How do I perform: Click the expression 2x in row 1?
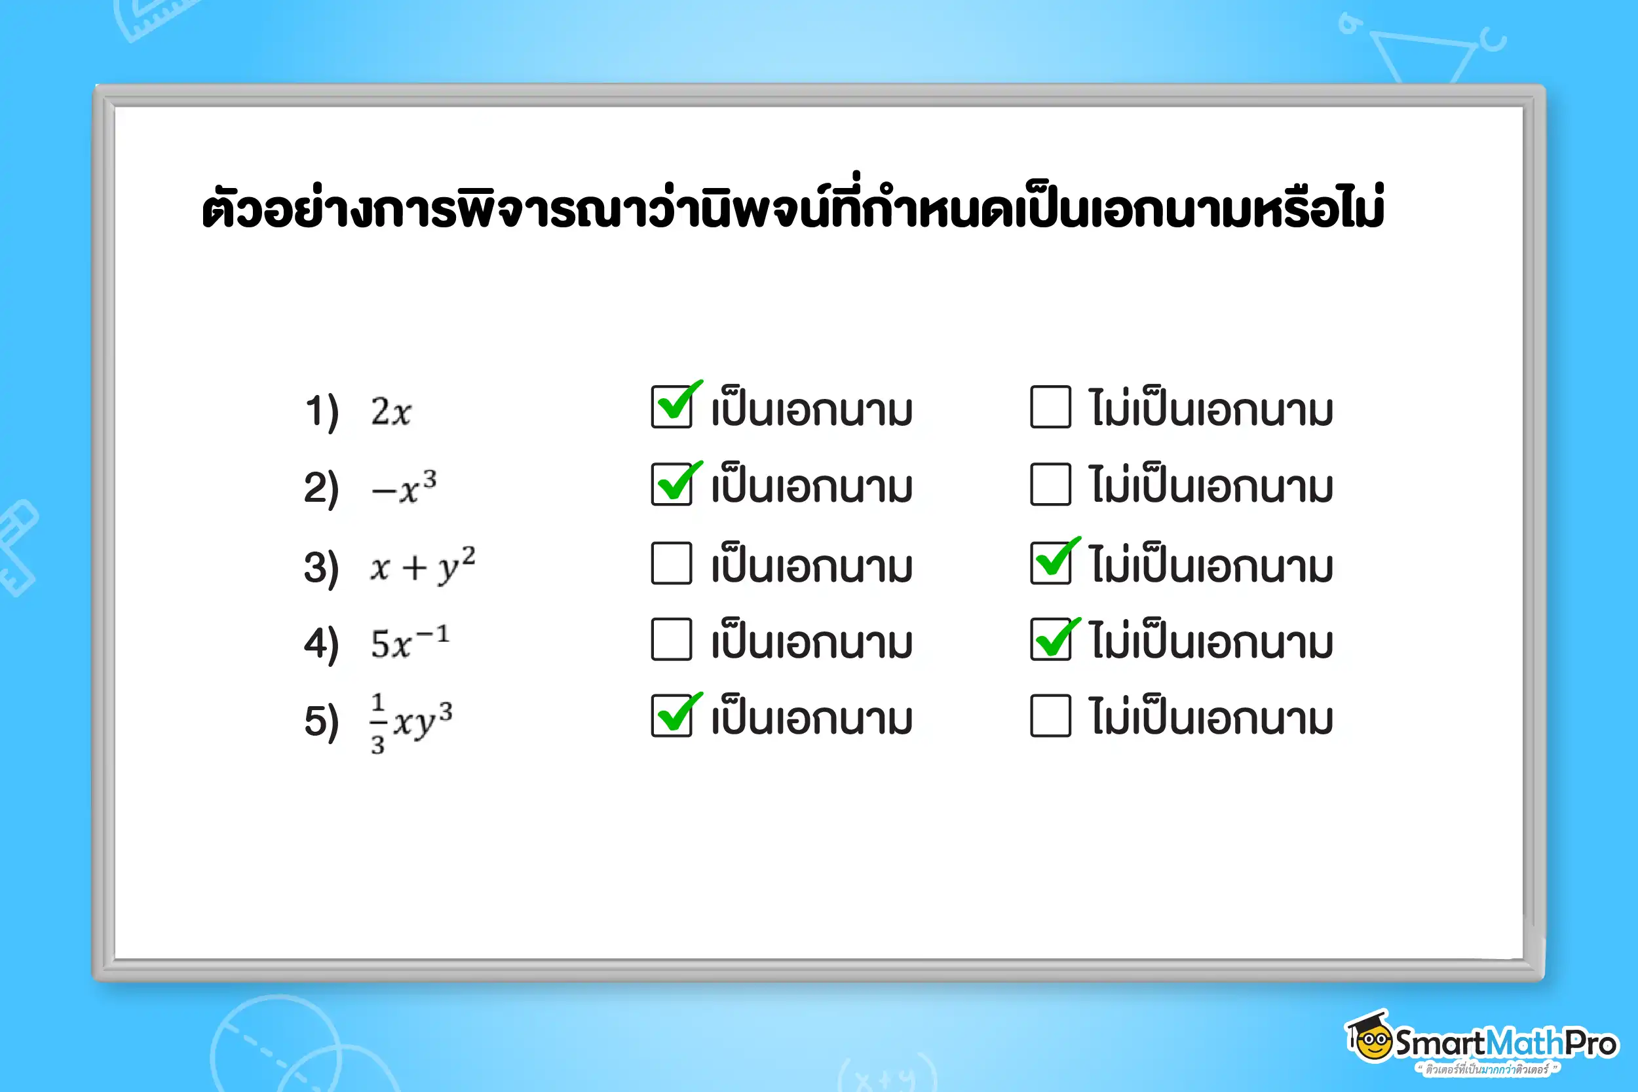(390, 411)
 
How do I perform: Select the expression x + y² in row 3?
(423, 565)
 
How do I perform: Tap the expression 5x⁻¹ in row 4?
(409, 642)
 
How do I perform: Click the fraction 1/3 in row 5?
(377, 723)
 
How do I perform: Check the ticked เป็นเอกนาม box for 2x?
(672, 407)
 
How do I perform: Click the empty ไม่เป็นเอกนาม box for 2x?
(1050, 407)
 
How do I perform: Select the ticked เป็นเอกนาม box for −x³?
(672, 484)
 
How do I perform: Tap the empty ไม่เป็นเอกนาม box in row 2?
(1050, 484)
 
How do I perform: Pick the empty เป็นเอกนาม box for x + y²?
(672, 563)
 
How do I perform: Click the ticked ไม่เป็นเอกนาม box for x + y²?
(1050, 563)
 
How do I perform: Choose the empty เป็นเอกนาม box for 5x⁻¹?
(672, 639)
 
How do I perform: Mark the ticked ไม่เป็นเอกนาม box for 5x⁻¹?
(1050, 639)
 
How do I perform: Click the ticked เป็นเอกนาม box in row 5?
(672, 715)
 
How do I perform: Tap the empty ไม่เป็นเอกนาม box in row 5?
(1050, 715)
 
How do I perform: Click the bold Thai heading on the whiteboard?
(793, 208)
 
